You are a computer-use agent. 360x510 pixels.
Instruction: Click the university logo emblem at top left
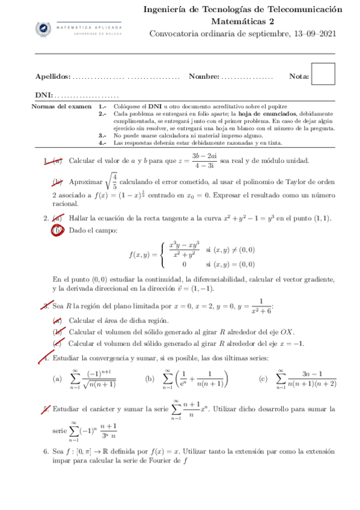(x=43, y=29)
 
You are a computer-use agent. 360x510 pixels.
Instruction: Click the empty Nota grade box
(x=324, y=75)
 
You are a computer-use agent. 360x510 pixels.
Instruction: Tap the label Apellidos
(x=52, y=76)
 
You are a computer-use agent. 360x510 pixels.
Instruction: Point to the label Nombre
(x=204, y=76)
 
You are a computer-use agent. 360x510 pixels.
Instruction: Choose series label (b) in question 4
(x=150, y=379)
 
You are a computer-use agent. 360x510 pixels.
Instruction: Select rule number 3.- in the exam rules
(x=102, y=136)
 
